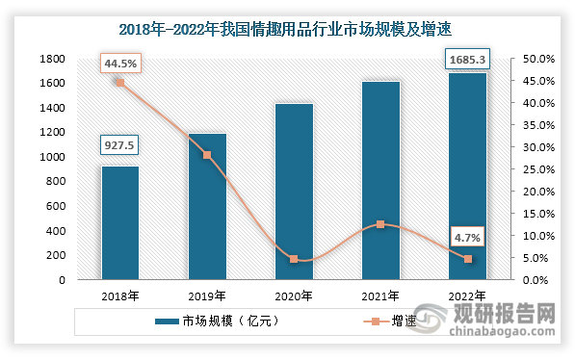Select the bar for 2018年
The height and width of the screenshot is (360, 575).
click(120, 223)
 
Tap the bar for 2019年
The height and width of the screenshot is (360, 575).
click(207, 207)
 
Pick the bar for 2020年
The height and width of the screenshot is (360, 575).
click(294, 192)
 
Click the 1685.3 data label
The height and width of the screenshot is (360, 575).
click(467, 60)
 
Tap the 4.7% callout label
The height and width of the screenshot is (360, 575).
click(468, 234)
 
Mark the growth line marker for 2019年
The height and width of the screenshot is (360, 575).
click(207, 155)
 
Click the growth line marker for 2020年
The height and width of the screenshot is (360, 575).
click(294, 259)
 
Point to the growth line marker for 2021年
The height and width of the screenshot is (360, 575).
click(380, 224)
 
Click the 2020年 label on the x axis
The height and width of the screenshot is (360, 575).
click(294, 296)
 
